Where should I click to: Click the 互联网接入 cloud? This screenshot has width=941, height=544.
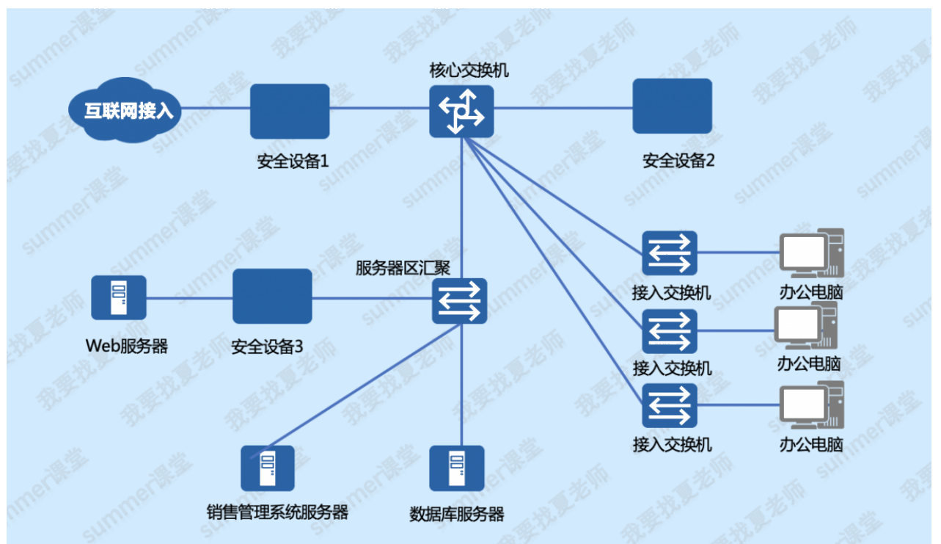click(x=125, y=109)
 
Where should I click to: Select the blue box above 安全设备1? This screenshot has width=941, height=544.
click(x=290, y=111)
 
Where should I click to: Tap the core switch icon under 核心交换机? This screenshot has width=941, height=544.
click(x=461, y=112)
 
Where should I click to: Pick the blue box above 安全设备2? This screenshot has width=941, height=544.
click(x=672, y=106)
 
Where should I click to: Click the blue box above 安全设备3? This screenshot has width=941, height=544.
click(x=272, y=296)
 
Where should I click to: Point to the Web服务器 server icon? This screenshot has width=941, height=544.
click(x=119, y=297)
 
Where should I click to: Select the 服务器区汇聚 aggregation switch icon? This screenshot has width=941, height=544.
click(x=460, y=301)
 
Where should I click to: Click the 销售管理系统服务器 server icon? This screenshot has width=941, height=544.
click(x=268, y=468)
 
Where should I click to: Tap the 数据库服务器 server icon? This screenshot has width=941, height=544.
click(x=457, y=468)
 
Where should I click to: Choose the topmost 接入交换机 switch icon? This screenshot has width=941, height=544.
click(x=670, y=253)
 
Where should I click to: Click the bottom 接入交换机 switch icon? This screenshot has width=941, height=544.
click(x=670, y=406)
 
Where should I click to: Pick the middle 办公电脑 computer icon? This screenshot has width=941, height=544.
click(x=806, y=325)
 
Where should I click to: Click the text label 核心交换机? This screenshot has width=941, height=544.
click(x=469, y=70)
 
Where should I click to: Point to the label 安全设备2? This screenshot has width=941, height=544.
click(x=678, y=161)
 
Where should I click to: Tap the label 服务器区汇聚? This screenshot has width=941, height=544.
click(x=403, y=268)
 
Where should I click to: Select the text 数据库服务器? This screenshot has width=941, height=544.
click(x=457, y=514)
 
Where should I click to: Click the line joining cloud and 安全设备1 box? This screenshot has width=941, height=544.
click(x=216, y=108)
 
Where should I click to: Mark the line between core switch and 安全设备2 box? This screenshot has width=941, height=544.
click(x=563, y=108)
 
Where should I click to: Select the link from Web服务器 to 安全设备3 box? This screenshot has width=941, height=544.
click(x=189, y=298)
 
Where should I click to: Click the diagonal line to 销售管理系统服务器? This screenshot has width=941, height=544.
click(x=356, y=391)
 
